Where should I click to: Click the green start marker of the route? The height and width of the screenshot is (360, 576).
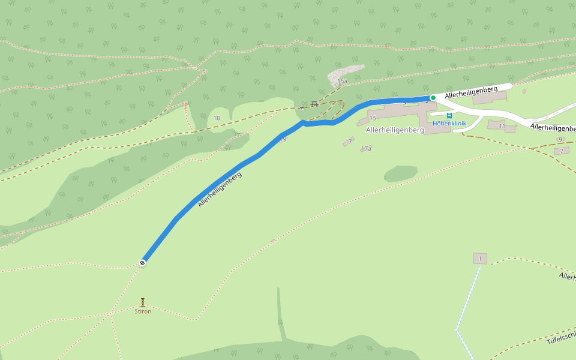[x=433, y=98]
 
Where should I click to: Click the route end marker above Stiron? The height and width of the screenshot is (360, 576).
[x=143, y=262]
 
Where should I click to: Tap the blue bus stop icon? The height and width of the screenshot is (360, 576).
[x=449, y=116]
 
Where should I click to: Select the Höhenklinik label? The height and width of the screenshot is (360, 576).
[x=449, y=124]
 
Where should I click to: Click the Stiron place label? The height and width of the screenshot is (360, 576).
[x=143, y=311]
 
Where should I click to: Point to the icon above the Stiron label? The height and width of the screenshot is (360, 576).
[x=143, y=302]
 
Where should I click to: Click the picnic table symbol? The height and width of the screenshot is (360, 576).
[x=314, y=104]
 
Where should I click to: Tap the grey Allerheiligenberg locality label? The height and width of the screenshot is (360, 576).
[x=395, y=130]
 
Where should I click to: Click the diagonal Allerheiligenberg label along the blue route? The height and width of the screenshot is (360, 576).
[x=220, y=190]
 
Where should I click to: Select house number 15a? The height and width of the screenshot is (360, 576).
[x=343, y=81]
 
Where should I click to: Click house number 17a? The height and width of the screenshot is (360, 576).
[x=366, y=148]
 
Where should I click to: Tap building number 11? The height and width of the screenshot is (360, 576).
[x=502, y=126]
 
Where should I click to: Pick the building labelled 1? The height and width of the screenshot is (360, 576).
[x=479, y=259]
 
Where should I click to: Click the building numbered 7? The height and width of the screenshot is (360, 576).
[x=562, y=151]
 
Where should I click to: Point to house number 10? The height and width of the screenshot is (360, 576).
[x=217, y=118]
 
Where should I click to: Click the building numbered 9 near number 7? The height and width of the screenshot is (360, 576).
[x=560, y=139]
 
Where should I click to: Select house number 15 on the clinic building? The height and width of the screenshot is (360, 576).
[x=373, y=118]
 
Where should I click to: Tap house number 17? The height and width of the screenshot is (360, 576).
[x=349, y=142]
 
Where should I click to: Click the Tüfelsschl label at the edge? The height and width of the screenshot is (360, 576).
[x=562, y=338]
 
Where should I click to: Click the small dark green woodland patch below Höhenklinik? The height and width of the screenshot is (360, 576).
[x=400, y=173]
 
